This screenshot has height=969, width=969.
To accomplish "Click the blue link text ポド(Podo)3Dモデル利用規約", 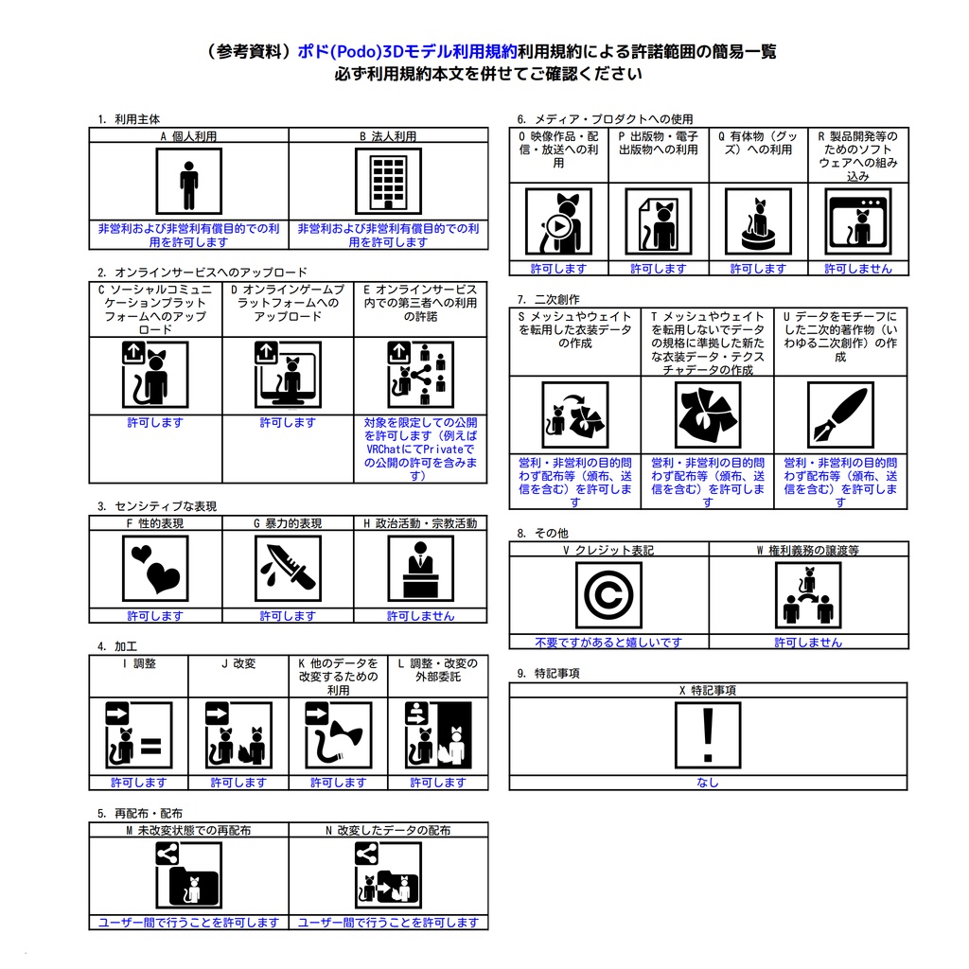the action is pyautogui.click(x=407, y=51).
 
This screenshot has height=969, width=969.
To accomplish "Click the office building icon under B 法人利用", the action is pyautogui.click(x=388, y=181).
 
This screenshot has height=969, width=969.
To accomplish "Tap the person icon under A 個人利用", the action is pyautogui.click(x=188, y=181).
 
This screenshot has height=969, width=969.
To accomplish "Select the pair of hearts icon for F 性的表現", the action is pyautogui.click(x=155, y=569).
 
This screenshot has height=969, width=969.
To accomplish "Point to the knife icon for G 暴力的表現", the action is pyautogui.click(x=288, y=569).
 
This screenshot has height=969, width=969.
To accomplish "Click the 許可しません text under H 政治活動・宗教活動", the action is pyautogui.click(x=420, y=616).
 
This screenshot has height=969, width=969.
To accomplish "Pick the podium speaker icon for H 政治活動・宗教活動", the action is pyautogui.click(x=420, y=569).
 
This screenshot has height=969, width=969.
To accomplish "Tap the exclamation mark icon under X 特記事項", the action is pyautogui.click(x=708, y=735).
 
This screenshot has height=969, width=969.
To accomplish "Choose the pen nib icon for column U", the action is pyautogui.click(x=840, y=414).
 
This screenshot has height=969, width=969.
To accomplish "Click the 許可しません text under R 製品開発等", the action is pyautogui.click(x=858, y=269).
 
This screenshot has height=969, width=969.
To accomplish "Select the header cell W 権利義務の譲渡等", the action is pyautogui.click(x=808, y=550).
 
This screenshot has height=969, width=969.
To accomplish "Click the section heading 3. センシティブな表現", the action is pyautogui.click(x=157, y=506).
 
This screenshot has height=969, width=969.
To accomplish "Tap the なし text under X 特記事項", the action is pyautogui.click(x=708, y=783).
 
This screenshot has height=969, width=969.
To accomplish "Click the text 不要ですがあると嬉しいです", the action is pyautogui.click(x=608, y=643).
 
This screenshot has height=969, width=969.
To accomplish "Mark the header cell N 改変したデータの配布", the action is pyautogui.click(x=388, y=830).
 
